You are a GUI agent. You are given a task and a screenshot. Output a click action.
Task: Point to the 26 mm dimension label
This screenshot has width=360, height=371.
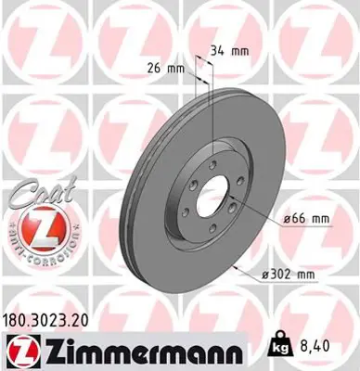pos(168,67)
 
